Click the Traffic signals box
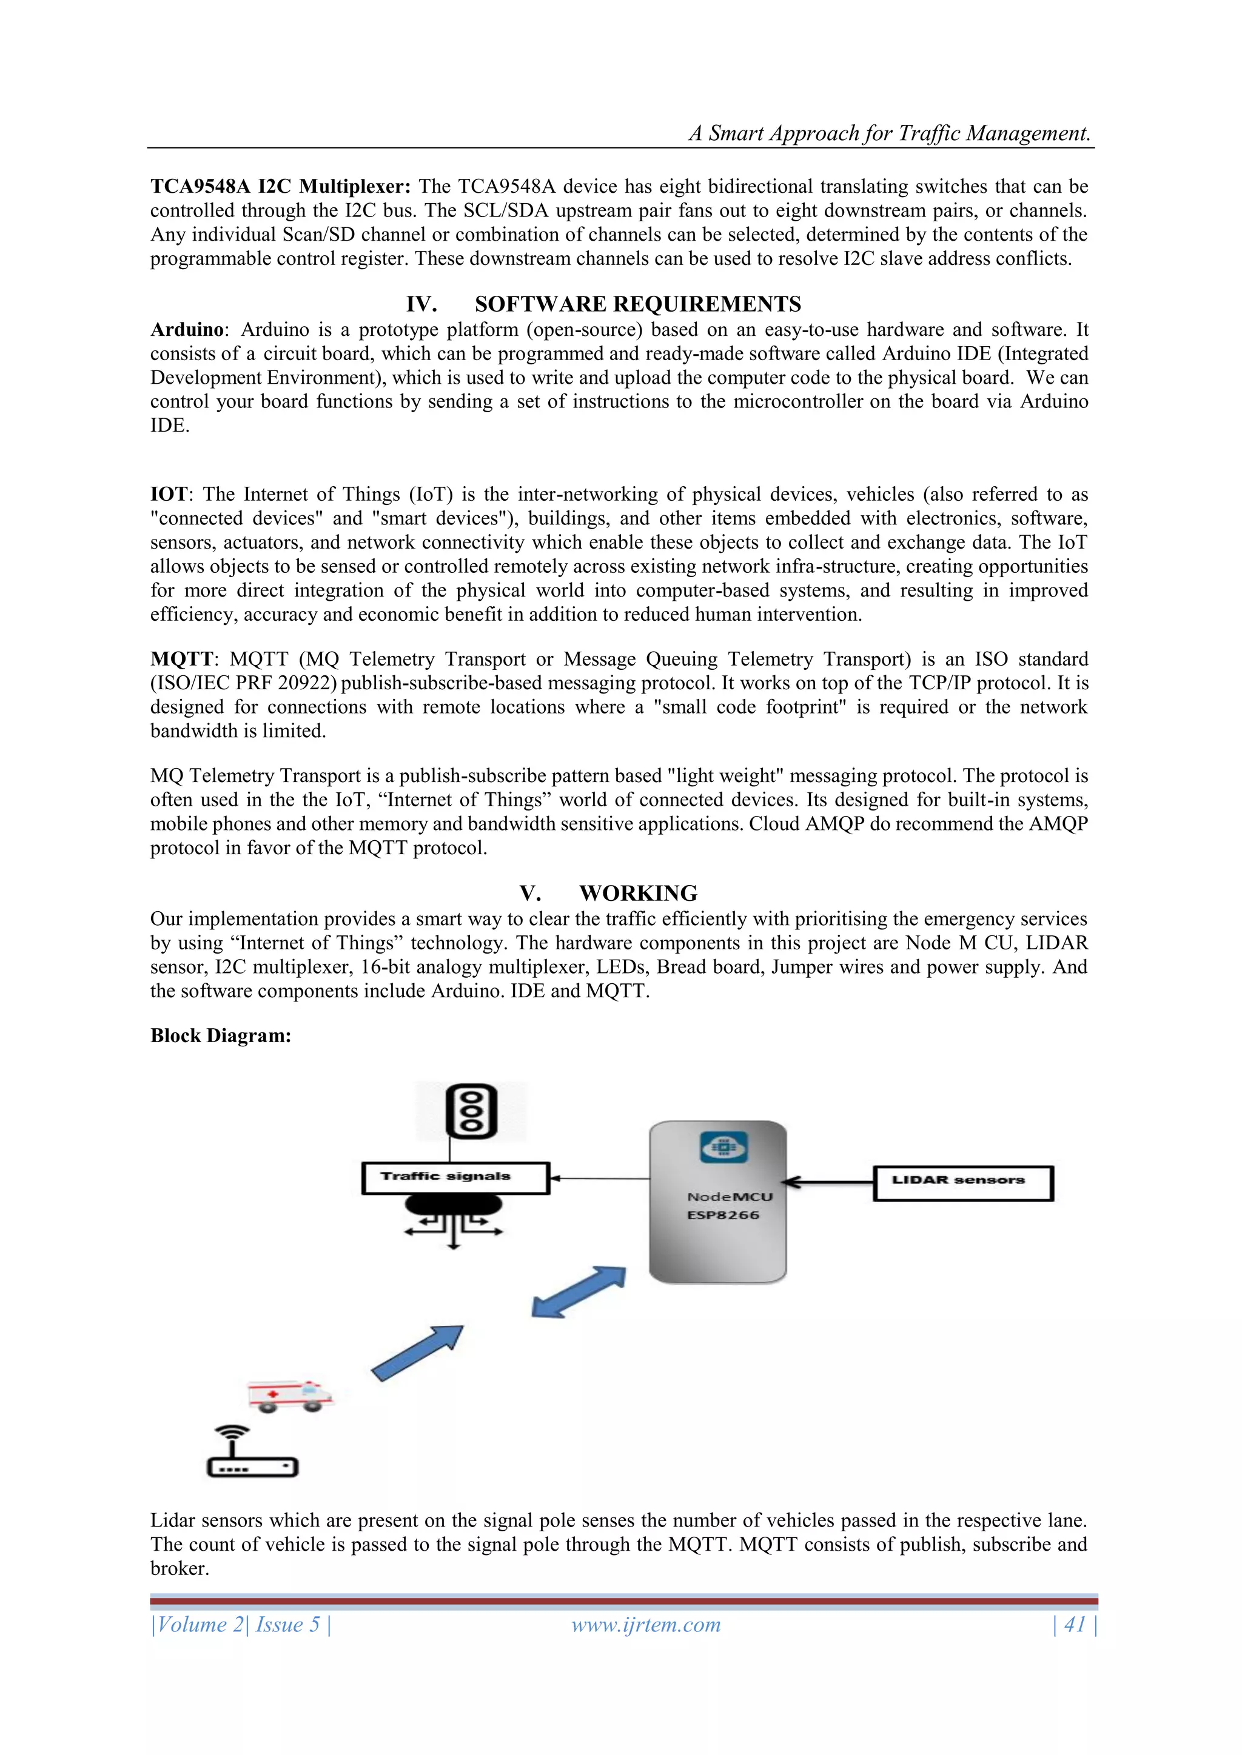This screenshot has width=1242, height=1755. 455,1178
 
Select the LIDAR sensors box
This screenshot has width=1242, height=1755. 963,1183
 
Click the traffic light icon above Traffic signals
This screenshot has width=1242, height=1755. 471,1111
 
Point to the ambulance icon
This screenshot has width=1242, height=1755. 290,1396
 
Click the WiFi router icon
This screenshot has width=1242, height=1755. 252,1452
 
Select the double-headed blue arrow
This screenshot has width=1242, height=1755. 579,1292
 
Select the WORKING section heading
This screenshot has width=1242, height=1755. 638,893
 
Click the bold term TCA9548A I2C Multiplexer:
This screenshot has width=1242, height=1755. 281,187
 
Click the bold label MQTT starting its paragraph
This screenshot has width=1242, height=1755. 181,659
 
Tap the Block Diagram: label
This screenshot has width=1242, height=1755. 220,1036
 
